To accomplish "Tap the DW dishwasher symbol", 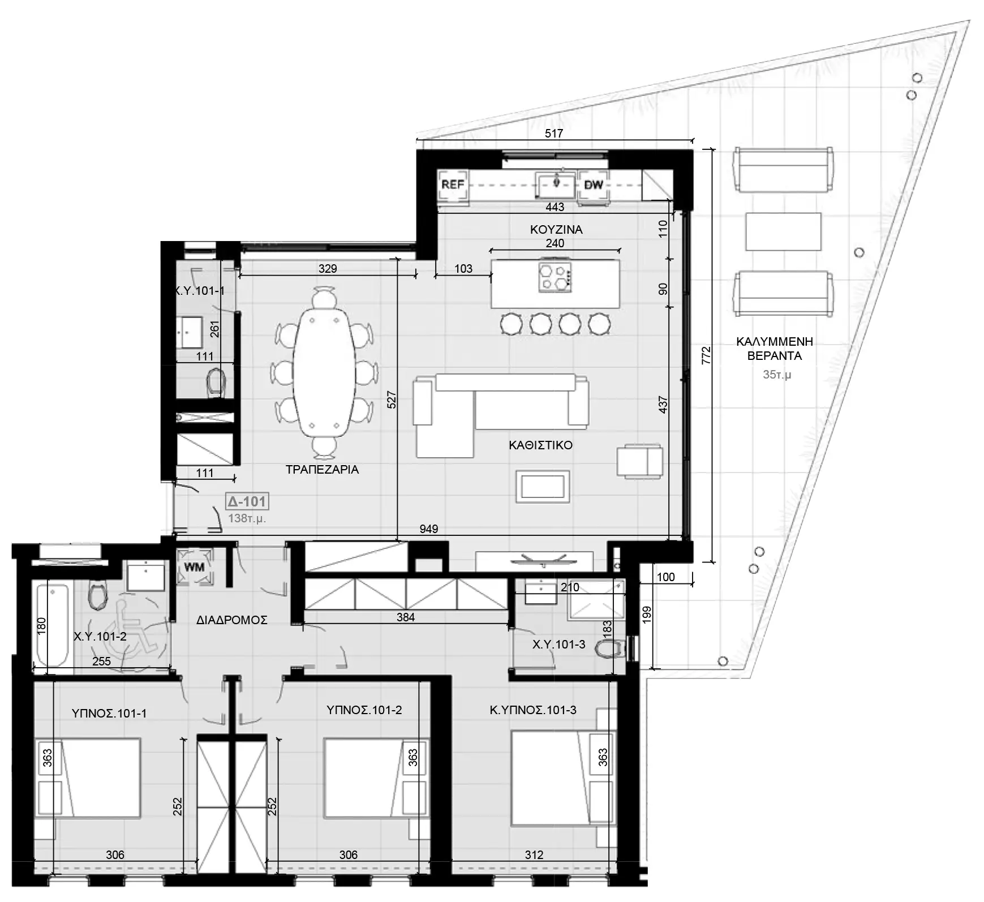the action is point(593,184).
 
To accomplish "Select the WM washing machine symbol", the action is point(195,568).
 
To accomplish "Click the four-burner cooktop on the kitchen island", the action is point(555,277).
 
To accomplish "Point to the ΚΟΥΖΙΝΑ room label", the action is point(556,229).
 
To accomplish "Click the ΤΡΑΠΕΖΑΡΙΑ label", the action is point(322,469).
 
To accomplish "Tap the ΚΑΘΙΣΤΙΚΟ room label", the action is point(540,445).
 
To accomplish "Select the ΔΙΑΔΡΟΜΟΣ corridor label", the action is point(232,620).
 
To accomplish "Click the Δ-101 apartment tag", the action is point(247,501).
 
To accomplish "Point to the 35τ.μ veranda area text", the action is point(777,375).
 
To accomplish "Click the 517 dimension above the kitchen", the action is point(554,134).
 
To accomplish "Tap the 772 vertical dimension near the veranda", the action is point(706,355).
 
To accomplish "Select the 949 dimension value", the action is point(429,529).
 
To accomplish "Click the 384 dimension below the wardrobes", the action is point(406,617).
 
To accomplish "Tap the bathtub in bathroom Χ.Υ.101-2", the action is point(53,625).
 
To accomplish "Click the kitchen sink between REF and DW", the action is point(556,183).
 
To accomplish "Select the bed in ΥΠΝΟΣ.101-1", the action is point(88,778).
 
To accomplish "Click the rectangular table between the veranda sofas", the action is point(783,231).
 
